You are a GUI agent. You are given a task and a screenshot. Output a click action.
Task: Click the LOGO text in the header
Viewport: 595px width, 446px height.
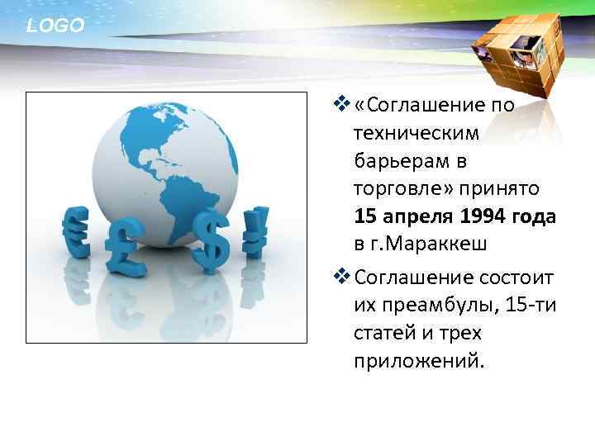pos(55,26)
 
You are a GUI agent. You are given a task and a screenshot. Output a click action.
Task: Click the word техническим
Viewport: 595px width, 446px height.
pos(416,133)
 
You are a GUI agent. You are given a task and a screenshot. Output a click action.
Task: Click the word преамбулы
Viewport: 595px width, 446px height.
pos(436,306)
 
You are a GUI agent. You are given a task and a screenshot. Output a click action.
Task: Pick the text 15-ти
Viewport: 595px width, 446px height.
pos(532,306)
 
